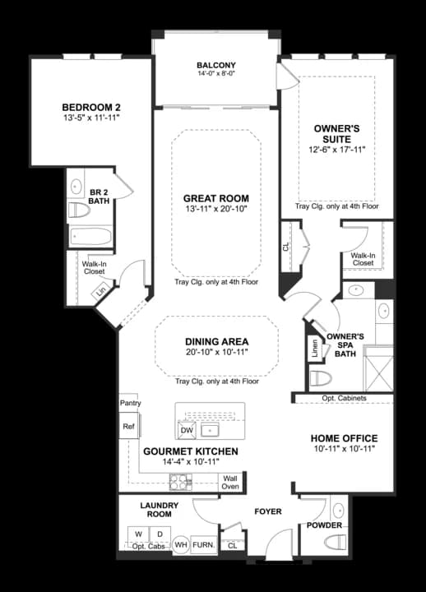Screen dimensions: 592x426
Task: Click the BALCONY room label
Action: click(x=216, y=66)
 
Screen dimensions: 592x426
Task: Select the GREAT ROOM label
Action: click(x=216, y=199)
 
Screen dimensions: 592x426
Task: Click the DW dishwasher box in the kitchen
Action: click(x=187, y=430)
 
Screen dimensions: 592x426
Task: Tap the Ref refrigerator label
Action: click(x=128, y=427)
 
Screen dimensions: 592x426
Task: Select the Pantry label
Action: click(x=130, y=404)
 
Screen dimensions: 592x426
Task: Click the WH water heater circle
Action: click(x=181, y=544)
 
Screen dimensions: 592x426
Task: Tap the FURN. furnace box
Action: click(x=204, y=544)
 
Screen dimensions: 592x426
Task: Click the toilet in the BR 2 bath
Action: click(x=79, y=210)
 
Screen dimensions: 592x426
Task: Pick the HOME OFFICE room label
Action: click(x=344, y=438)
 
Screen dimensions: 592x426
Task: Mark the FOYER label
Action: click(x=267, y=511)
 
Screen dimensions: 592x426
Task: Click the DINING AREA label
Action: click(x=216, y=341)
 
